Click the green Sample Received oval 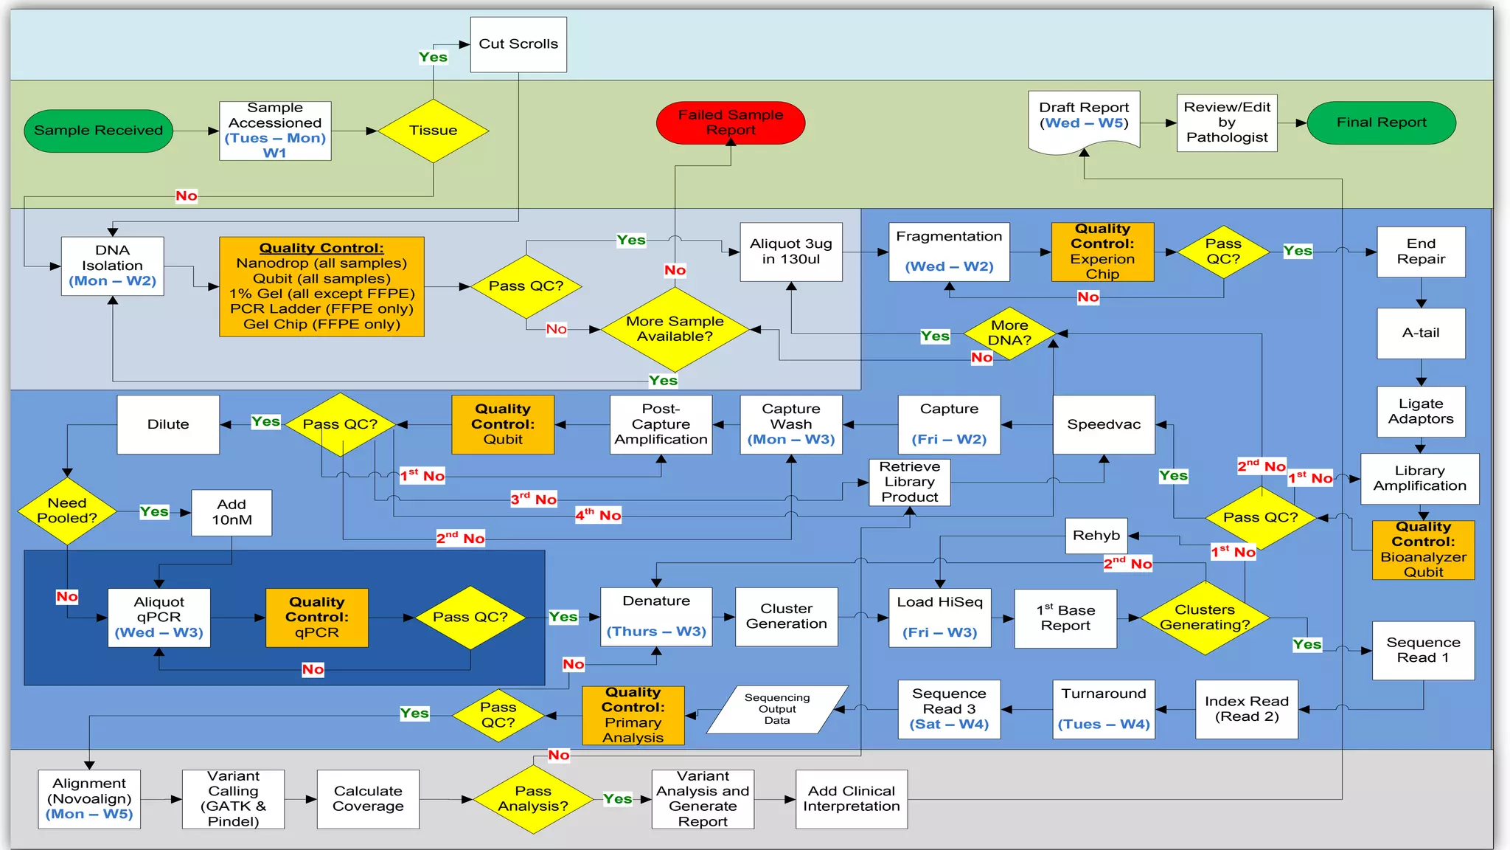98,131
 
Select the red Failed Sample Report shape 730,122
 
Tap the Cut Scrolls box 518,44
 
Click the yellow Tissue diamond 433,131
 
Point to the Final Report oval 1381,122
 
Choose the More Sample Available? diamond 675,329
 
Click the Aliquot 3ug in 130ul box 790,252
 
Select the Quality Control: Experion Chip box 1102,252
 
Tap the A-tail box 1420,333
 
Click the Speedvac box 1103,424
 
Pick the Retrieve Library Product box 909,482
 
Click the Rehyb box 1096,536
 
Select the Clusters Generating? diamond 1204,618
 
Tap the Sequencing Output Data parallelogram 776,709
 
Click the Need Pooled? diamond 67,511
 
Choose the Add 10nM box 232,512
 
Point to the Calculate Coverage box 368,799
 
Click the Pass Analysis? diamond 532,799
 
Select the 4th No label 598,515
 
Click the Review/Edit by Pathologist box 1226,122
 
